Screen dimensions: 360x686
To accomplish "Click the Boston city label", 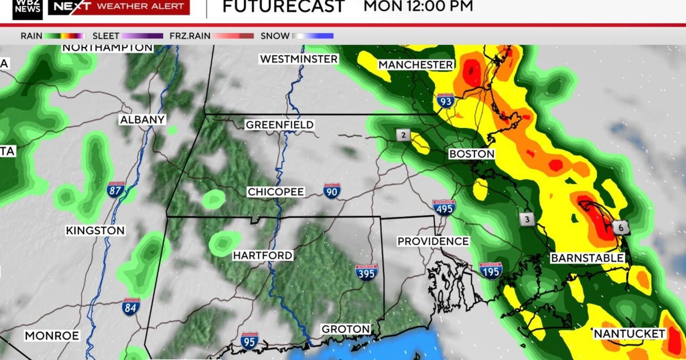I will (472, 154).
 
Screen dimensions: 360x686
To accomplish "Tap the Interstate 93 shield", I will (446, 101).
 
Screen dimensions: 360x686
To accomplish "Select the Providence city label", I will (433, 242).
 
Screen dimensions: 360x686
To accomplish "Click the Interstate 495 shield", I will (444, 208).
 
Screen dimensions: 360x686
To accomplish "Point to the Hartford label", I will (262, 255).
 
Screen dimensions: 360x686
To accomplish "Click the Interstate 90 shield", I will (332, 191).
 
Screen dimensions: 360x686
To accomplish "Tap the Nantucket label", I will (629, 333).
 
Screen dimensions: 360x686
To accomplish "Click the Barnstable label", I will (587, 258).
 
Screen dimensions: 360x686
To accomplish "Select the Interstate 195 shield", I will (490, 270).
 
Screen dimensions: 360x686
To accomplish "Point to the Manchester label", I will (416, 65).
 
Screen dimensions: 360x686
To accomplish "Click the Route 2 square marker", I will (404, 135).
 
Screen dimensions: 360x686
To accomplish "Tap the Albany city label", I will (142, 120).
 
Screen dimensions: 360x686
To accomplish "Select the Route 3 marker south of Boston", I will (527, 219).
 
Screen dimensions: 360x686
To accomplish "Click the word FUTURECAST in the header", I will (283, 7).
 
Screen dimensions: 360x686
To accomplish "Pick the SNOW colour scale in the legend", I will (313, 36).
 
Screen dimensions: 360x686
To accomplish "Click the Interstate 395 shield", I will (366, 273).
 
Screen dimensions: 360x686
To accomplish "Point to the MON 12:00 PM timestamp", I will (418, 7).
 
